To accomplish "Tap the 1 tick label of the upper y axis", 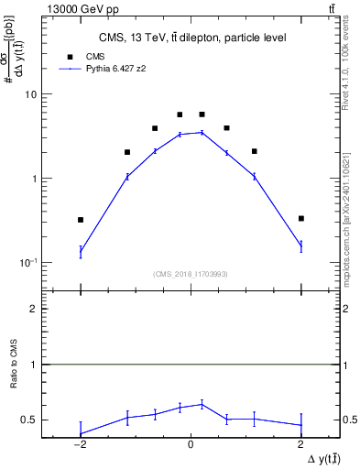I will [34, 179].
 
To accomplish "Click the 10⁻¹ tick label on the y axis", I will [27, 263].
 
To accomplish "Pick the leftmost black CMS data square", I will [81, 220].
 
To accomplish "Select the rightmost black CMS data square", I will [300, 218].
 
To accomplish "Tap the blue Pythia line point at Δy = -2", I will [81, 250].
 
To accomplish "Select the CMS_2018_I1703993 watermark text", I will [190, 273].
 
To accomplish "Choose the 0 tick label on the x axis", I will [191, 444].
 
